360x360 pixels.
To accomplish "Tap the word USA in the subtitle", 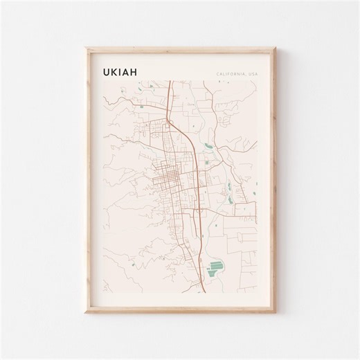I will (x=253, y=73).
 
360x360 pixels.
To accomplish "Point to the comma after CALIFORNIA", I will (x=246, y=74).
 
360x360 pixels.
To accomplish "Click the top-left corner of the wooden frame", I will (x=86, y=48).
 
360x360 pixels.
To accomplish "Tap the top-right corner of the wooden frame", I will (x=275, y=48).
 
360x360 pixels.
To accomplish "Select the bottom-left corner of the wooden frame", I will (x=86, y=312).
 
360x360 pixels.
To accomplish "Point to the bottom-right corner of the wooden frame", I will (x=275, y=312).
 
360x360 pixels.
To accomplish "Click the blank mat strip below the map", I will (x=180, y=298).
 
